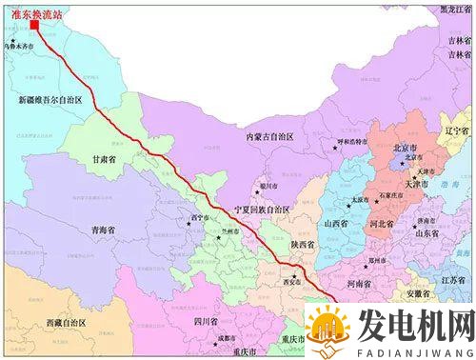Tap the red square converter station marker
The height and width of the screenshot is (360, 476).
35,26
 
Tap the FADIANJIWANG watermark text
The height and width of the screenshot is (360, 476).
415,349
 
